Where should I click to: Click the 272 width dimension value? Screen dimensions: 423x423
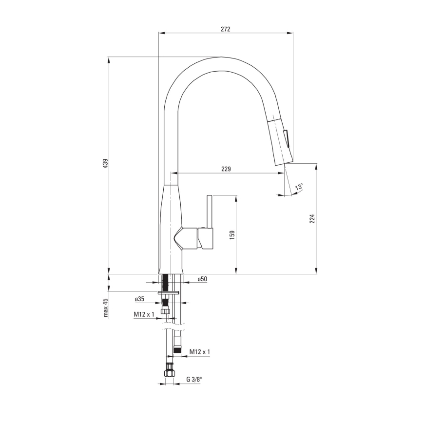(x=225, y=29)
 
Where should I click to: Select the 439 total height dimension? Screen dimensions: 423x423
(x=105, y=164)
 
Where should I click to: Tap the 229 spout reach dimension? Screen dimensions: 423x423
(x=226, y=169)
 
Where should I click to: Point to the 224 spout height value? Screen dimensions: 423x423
(x=312, y=218)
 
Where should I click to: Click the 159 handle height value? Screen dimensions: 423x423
(x=232, y=234)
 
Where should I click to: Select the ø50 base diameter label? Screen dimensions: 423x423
(x=202, y=279)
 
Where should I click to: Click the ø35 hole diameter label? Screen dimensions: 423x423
(x=139, y=299)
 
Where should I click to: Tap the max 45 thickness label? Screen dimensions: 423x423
(x=105, y=308)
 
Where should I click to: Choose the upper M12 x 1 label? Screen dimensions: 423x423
(x=144, y=315)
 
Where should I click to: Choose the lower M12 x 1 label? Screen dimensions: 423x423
(x=200, y=351)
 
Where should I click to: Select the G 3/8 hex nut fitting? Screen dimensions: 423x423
(x=170, y=371)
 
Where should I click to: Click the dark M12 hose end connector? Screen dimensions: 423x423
(x=178, y=350)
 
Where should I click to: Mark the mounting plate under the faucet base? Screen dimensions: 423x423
(x=169, y=292)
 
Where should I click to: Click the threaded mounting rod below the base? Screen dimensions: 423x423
(x=167, y=283)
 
